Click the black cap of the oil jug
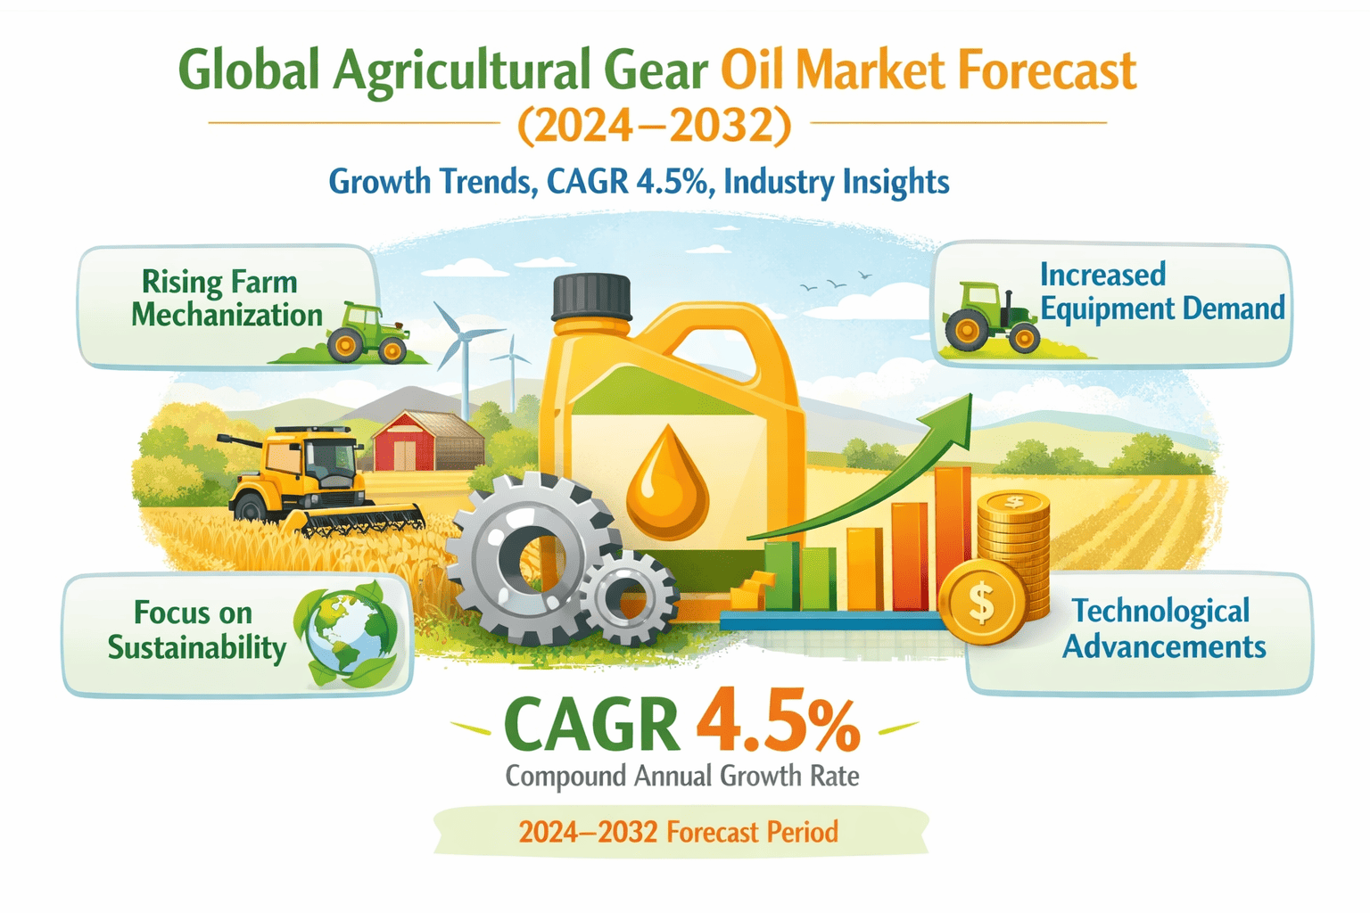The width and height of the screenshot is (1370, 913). tap(590, 297)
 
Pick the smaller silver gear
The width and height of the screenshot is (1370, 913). tap(629, 596)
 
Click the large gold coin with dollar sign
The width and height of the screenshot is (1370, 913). tap(982, 602)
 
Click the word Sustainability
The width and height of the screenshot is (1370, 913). tap(197, 647)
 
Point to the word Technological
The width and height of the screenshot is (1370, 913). tap(1160, 612)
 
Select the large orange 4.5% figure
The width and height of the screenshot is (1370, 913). tap(778, 721)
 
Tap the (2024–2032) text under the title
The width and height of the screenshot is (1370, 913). tap(655, 126)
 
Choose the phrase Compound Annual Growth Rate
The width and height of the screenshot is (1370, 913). tap(682, 777)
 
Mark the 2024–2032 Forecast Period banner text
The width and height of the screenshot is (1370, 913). tap(678, 832)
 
